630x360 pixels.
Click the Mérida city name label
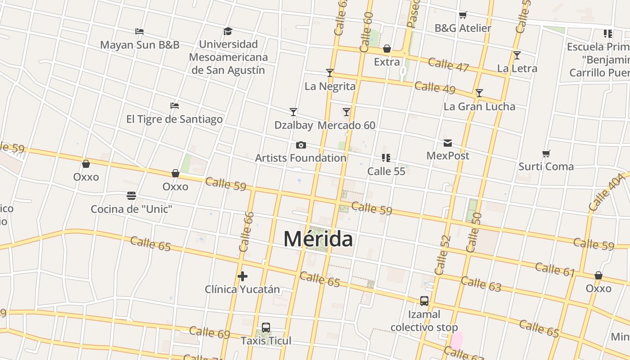point(318,238)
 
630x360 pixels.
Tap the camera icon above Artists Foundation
point(301,145)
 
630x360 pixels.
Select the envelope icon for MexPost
point(448,143)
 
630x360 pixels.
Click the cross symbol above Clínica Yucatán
point(243,276)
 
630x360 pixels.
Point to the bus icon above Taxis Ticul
point(266,328)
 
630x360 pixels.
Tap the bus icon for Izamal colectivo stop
point(424,301)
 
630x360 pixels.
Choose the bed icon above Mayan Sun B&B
point(139,31)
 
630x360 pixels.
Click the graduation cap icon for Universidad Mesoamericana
point(228,31)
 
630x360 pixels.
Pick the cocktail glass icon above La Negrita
point(330,73)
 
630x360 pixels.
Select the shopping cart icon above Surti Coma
point(546,154)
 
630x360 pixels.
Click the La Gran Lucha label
point(479,107)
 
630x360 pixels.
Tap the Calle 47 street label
point(448,64)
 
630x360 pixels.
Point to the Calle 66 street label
point(247,232)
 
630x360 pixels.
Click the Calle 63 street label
point(481,284)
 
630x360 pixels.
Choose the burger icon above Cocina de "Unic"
point(131,196)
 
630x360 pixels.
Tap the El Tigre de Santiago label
point(174,119)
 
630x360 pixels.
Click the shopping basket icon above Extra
point(387,49)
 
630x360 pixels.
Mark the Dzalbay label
point(293,125)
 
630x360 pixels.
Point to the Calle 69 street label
point(209,333)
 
